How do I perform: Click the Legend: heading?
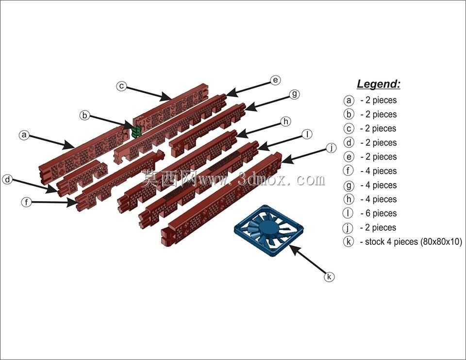(378, 84)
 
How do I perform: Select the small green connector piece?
(136, 131)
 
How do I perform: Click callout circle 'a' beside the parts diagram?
(24, 135)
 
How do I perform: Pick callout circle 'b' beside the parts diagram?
(84, 115)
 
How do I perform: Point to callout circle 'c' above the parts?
(121, 86)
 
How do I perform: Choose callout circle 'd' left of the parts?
(7, 179)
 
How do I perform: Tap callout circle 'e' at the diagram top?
(276, 80)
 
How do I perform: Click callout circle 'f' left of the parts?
(26, 202)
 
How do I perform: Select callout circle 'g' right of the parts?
(294, 94)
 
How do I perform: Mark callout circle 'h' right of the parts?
(285, 121)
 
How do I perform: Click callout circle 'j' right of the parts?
(331, 148)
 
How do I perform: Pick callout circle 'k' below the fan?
(329, 277)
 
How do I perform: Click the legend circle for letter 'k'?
(349, 241)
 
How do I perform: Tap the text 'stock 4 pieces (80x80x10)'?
(414, 241)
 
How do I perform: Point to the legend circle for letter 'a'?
(349, 100)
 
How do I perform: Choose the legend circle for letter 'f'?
(349, 171)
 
